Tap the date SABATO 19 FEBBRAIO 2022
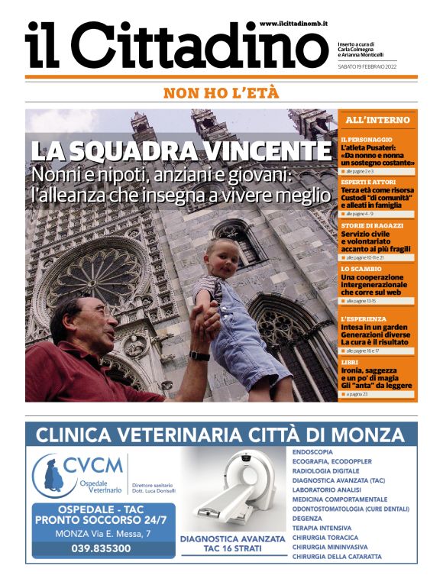367,66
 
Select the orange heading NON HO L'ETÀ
221,93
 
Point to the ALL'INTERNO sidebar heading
377,121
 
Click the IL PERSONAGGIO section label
367,140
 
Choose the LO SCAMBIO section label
361,269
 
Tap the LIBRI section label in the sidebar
350,360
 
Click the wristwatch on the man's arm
200,356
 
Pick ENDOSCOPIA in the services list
312,451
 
